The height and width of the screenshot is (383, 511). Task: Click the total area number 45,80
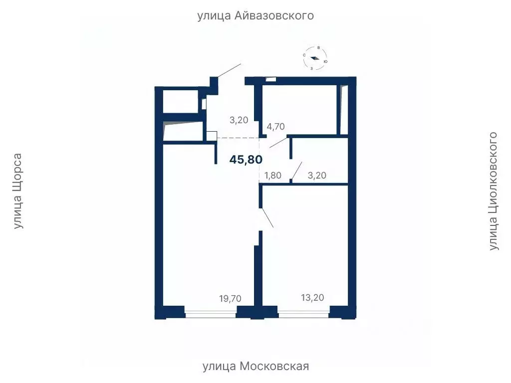click(x=246, y=160)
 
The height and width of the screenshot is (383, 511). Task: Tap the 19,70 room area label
click(x=230, y=299)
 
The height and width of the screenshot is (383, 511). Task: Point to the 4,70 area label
click(x=275, y=127)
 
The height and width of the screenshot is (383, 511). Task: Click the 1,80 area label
click(x=273, y=175)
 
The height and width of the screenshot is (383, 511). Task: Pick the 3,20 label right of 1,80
click(x=318, y=175)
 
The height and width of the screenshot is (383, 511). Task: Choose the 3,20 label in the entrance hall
click(x=238, y=120)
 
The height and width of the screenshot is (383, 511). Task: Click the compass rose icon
click(x=315, y=58)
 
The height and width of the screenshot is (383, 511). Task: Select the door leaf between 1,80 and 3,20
click(x=297, y=170)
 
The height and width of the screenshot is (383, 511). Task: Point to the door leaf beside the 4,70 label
click(x=280, y=143)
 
